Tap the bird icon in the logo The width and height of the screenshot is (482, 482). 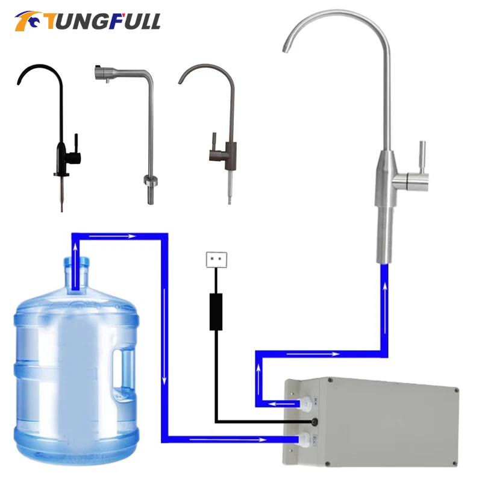28,21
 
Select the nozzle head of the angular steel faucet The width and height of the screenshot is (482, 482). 100,74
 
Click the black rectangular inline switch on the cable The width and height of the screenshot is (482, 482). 216,311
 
